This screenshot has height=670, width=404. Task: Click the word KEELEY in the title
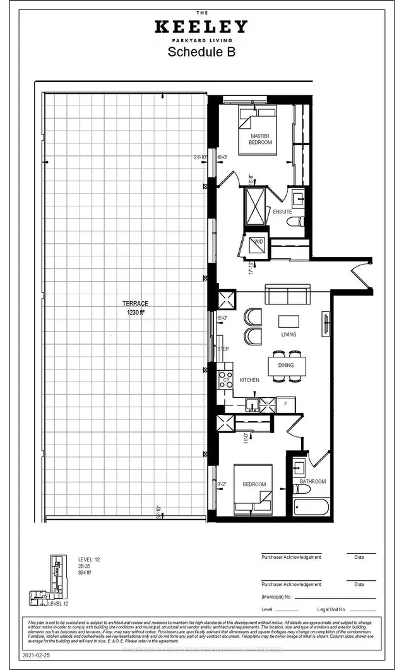click(202, 27)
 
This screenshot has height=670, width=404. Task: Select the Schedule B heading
click(201, 52)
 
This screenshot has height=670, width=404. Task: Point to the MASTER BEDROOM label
click(261, 140)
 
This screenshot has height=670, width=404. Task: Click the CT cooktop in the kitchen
click(225, 380)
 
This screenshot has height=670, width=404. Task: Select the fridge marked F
click(286, 402)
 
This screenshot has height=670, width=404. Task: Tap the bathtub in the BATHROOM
click(311, 507)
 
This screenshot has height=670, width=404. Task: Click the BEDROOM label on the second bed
click(254, 484)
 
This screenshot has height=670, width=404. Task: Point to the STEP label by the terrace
click(223, 349)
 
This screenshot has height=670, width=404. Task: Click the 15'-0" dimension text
click(222, 318)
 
